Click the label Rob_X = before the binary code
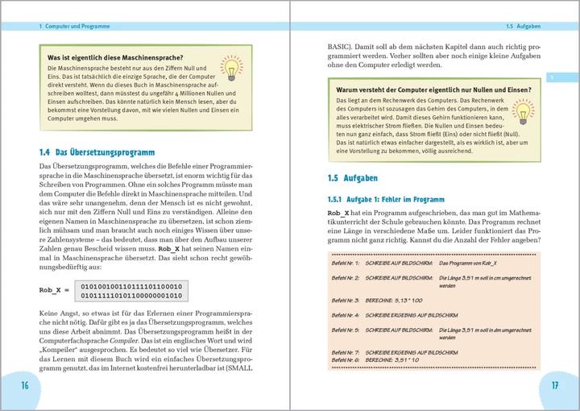click(55, 289)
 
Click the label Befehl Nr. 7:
click(346, 353)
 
